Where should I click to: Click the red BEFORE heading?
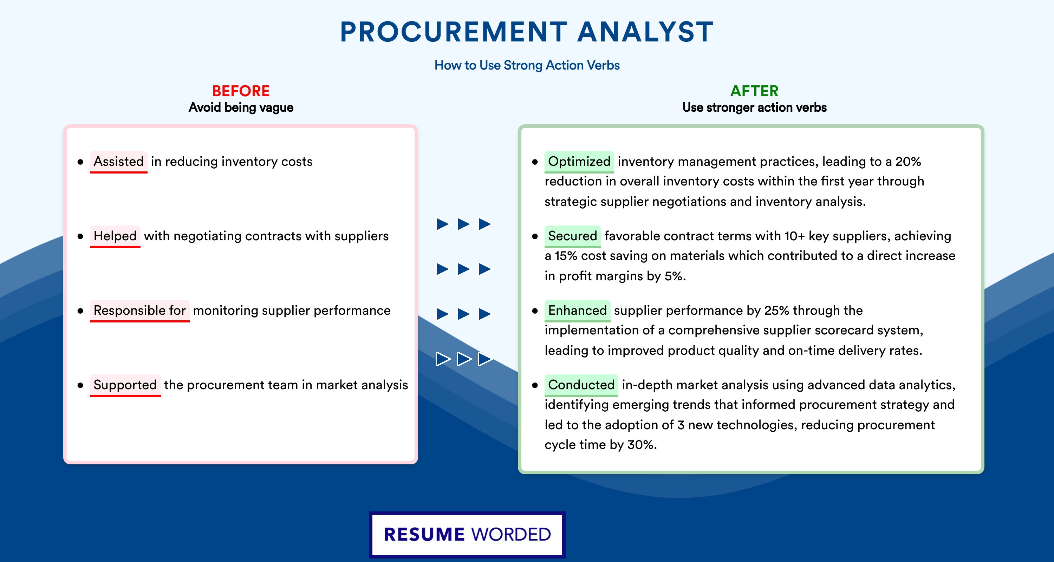click(241, 91)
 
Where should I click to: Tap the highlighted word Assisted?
click(119, 162)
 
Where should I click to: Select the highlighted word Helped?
click(115, 236)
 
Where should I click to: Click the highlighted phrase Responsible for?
click(139, 311)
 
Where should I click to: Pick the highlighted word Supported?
click(125, 385)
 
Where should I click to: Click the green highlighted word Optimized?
click(579, 162)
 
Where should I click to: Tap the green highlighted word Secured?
click(572, 236)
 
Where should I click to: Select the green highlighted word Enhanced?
click(577, 311)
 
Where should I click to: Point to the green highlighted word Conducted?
click(581, 385)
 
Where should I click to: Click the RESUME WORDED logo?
click(467, 535)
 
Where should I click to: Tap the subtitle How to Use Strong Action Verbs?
click(527, 65)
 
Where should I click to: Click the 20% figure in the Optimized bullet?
click(908, 162)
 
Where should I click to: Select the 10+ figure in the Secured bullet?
click(794, 236)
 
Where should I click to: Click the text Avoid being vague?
click(241, 107)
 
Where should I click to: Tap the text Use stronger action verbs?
click(755, 107)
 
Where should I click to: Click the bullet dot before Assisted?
click(80, 162)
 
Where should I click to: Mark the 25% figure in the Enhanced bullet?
click(776, 311)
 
